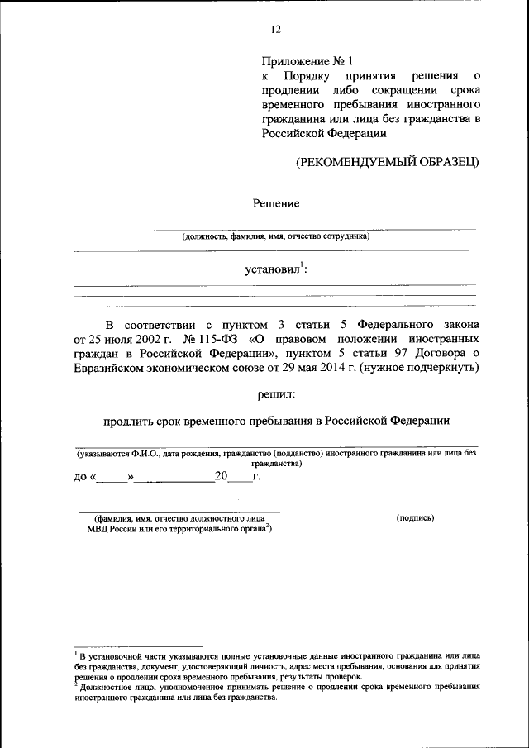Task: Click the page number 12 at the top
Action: click(x=276, y=29)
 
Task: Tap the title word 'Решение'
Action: click(x=275, y=203)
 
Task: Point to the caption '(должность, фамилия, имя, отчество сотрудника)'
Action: click(x=276, y=236)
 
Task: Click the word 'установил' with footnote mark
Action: click(x=273, y=269)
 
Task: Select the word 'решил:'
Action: click(x=275, y=394)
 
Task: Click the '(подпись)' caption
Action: click(x=416, y=518)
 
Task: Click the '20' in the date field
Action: click(x=220, y=476)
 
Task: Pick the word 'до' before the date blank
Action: click(x=80, y=477)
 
